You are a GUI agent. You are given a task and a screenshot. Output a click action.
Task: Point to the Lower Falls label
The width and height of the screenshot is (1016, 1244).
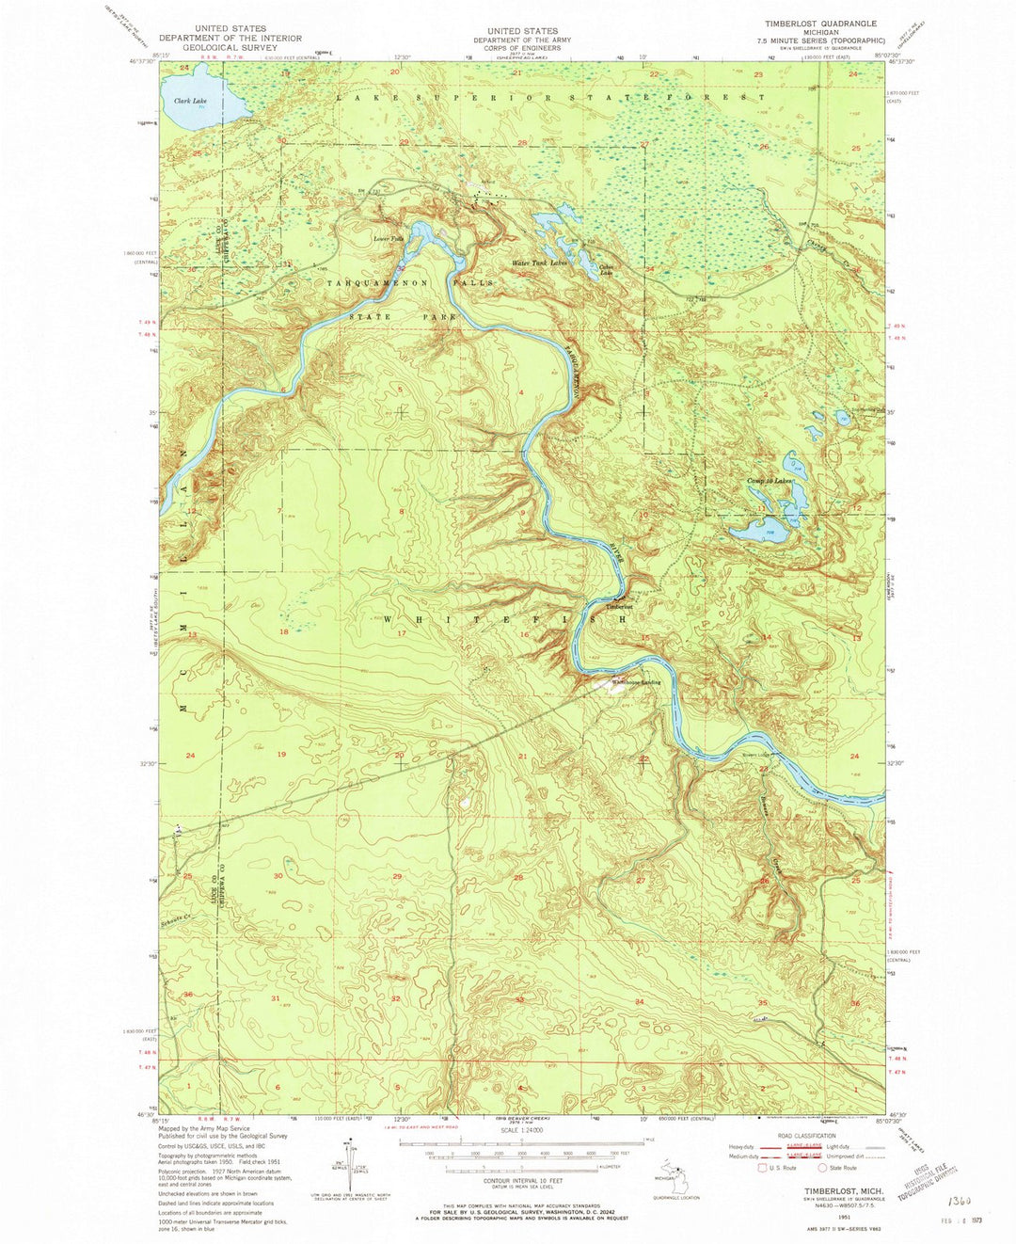click(389, 239)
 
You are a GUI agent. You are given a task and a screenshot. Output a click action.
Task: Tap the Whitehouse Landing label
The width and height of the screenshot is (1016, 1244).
click(637, 682)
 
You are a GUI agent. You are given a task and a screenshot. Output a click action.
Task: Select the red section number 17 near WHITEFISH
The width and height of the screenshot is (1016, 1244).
click(402, 633)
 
